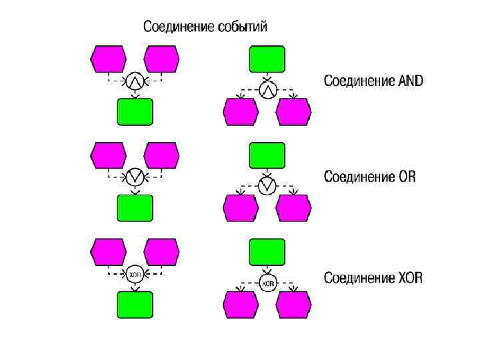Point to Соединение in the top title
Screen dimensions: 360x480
(x=179, y=27)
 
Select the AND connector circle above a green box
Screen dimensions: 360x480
(x=135, y=81)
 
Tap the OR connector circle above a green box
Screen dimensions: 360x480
(x=135, y=177)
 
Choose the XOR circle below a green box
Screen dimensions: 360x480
(x=267, y=283)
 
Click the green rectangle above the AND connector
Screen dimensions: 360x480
(x=267, y=59)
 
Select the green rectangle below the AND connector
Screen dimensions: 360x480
(x=135, y=112)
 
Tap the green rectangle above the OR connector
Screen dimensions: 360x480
(x=267, y=156)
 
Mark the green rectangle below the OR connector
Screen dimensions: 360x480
(x=135, y=208)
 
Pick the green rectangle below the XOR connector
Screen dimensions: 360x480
(x=135, y=305)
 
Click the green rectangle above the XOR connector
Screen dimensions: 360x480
(x=267, y=252)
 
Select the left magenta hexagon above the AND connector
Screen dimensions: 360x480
(x=109, y=59)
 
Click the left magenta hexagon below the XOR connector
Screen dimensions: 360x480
(x=241, y=305)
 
